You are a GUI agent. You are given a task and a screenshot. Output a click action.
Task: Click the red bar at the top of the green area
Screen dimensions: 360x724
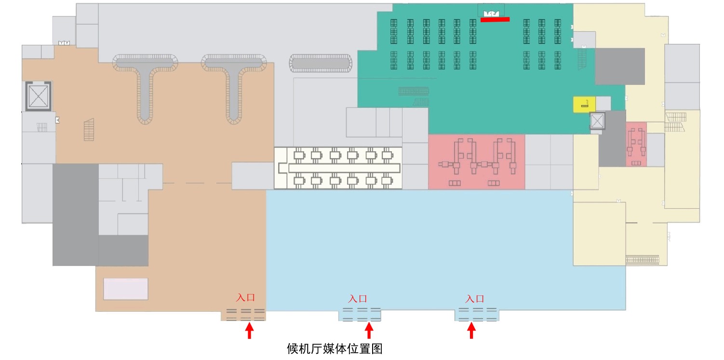[x=495, y=20]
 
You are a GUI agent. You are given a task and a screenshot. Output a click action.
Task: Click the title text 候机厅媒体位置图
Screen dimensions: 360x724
[x=335, y=348]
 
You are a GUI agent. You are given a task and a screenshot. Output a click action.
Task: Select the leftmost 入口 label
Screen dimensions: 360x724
[x=245, y=298]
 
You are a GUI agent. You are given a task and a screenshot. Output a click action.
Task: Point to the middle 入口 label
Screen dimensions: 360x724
[x=358, y=299]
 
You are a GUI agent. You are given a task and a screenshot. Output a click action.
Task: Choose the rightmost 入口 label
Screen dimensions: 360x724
[x=475, y=299]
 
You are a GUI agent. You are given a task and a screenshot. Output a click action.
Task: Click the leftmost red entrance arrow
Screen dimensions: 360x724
[x=249, y=331]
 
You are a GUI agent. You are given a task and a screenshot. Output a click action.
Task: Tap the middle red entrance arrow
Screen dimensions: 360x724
[x=369, y=331]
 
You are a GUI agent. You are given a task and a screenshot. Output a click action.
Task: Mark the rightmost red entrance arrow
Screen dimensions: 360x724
[x=471, y=331]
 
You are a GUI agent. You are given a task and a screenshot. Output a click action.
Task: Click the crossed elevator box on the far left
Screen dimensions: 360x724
[x=39, y=96]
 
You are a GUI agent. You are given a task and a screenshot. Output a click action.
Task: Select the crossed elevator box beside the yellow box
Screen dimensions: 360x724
[x=597, y=121]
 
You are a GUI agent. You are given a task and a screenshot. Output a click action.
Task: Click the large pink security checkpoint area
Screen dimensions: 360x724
[x=476, y=161]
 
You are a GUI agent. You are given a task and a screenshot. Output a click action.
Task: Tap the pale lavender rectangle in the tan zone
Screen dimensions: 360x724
[x=126, y=289]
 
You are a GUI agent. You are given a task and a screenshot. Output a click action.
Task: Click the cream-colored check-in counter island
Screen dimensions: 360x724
[x=338, y=168]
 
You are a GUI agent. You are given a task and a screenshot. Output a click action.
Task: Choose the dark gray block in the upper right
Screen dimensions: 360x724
[x=619, y=67]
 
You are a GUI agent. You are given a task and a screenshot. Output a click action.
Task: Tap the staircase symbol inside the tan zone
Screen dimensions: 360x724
[x=89, y=130]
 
